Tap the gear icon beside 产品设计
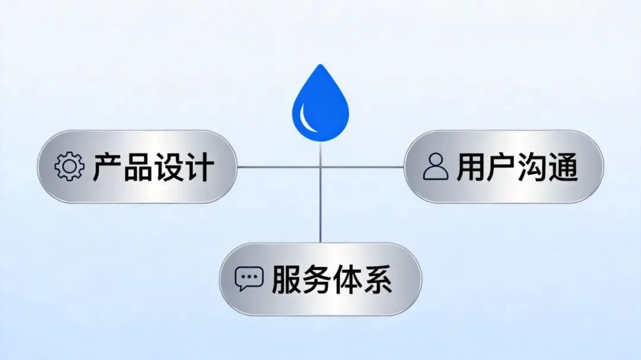point(69,167)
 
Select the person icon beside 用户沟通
point(436,167)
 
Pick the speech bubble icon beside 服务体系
point(249,278)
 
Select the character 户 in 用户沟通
point(502,167)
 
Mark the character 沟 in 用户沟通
point(532,167)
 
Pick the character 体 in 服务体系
point(347,279)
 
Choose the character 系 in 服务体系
point(377,279)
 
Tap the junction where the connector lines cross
point(320,167)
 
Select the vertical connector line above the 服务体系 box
point(320,208)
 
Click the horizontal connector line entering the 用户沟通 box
point(380,167)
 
